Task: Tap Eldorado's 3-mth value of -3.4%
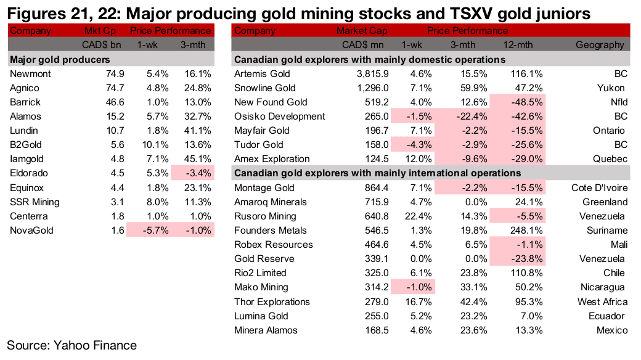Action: tap(198, 173)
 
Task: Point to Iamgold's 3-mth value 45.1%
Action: tap(198, 159)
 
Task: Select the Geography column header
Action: tap(600, 45)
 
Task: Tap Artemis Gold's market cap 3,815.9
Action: tap(370, 74)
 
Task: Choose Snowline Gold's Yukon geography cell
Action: tap(614, 88)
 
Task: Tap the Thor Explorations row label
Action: tap(272, 301)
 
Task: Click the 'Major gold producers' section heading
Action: tap(60, 60)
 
